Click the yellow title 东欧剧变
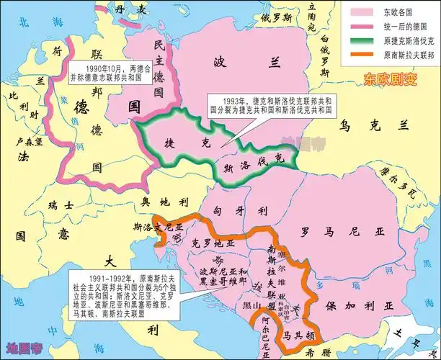point(390,78)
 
